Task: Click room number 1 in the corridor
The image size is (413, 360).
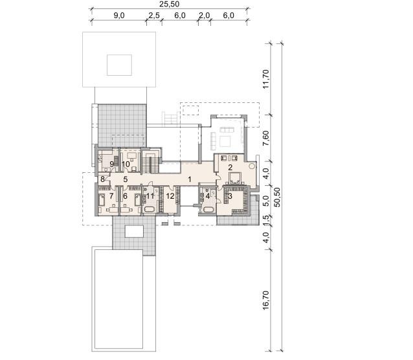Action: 190,179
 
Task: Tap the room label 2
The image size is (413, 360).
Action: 230,167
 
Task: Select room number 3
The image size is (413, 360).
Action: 230,196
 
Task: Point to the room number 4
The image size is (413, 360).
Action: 208,196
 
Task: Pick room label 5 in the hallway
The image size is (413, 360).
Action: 126,179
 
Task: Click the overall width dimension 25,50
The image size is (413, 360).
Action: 170,4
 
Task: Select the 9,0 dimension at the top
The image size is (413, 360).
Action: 119,16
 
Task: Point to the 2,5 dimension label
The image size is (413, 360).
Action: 154,16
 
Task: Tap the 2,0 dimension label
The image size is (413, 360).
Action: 204,16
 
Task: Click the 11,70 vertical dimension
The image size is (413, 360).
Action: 266,79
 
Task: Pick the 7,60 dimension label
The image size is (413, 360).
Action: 266,138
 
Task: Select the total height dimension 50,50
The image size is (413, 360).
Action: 277,197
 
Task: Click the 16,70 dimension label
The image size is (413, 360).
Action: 266,300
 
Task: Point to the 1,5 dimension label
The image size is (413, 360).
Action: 266,220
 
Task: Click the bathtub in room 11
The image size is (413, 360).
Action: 150,210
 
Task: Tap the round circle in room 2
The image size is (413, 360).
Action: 252,166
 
